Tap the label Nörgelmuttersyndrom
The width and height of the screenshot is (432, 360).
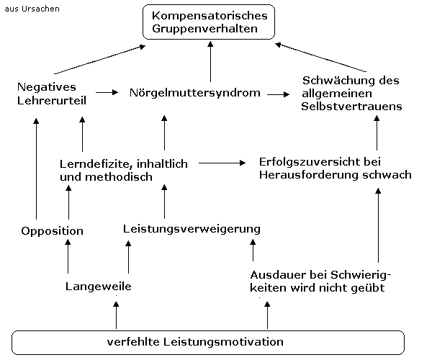[195, 93]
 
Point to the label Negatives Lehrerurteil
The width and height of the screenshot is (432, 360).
[52, 94]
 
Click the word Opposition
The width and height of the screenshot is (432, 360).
[52, 231]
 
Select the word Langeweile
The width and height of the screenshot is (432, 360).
[99, 287]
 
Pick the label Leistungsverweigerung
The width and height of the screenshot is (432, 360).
[192, 229]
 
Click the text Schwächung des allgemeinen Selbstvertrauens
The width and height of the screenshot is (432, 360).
[351, 94]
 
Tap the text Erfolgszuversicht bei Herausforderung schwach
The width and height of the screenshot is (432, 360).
[336, 168]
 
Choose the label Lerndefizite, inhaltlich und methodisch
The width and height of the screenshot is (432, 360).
[124, 170]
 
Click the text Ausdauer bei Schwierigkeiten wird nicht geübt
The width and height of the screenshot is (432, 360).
[320, 282]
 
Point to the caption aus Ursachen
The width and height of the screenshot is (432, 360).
[32, 9]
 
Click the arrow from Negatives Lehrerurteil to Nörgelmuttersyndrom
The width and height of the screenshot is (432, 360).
[107, 92]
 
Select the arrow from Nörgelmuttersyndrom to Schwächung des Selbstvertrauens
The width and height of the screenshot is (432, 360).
[278, 94]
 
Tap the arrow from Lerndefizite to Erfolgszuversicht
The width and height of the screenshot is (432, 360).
[222, 163]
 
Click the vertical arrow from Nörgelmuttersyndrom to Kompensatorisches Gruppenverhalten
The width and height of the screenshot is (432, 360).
[210, 61]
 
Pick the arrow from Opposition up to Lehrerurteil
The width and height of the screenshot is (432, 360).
[36, 168]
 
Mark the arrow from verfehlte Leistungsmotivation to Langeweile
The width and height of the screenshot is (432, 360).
[116, 315]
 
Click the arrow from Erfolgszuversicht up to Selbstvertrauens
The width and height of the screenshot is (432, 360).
[377, 133]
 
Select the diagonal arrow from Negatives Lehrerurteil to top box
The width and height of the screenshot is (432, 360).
[100, 60]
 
